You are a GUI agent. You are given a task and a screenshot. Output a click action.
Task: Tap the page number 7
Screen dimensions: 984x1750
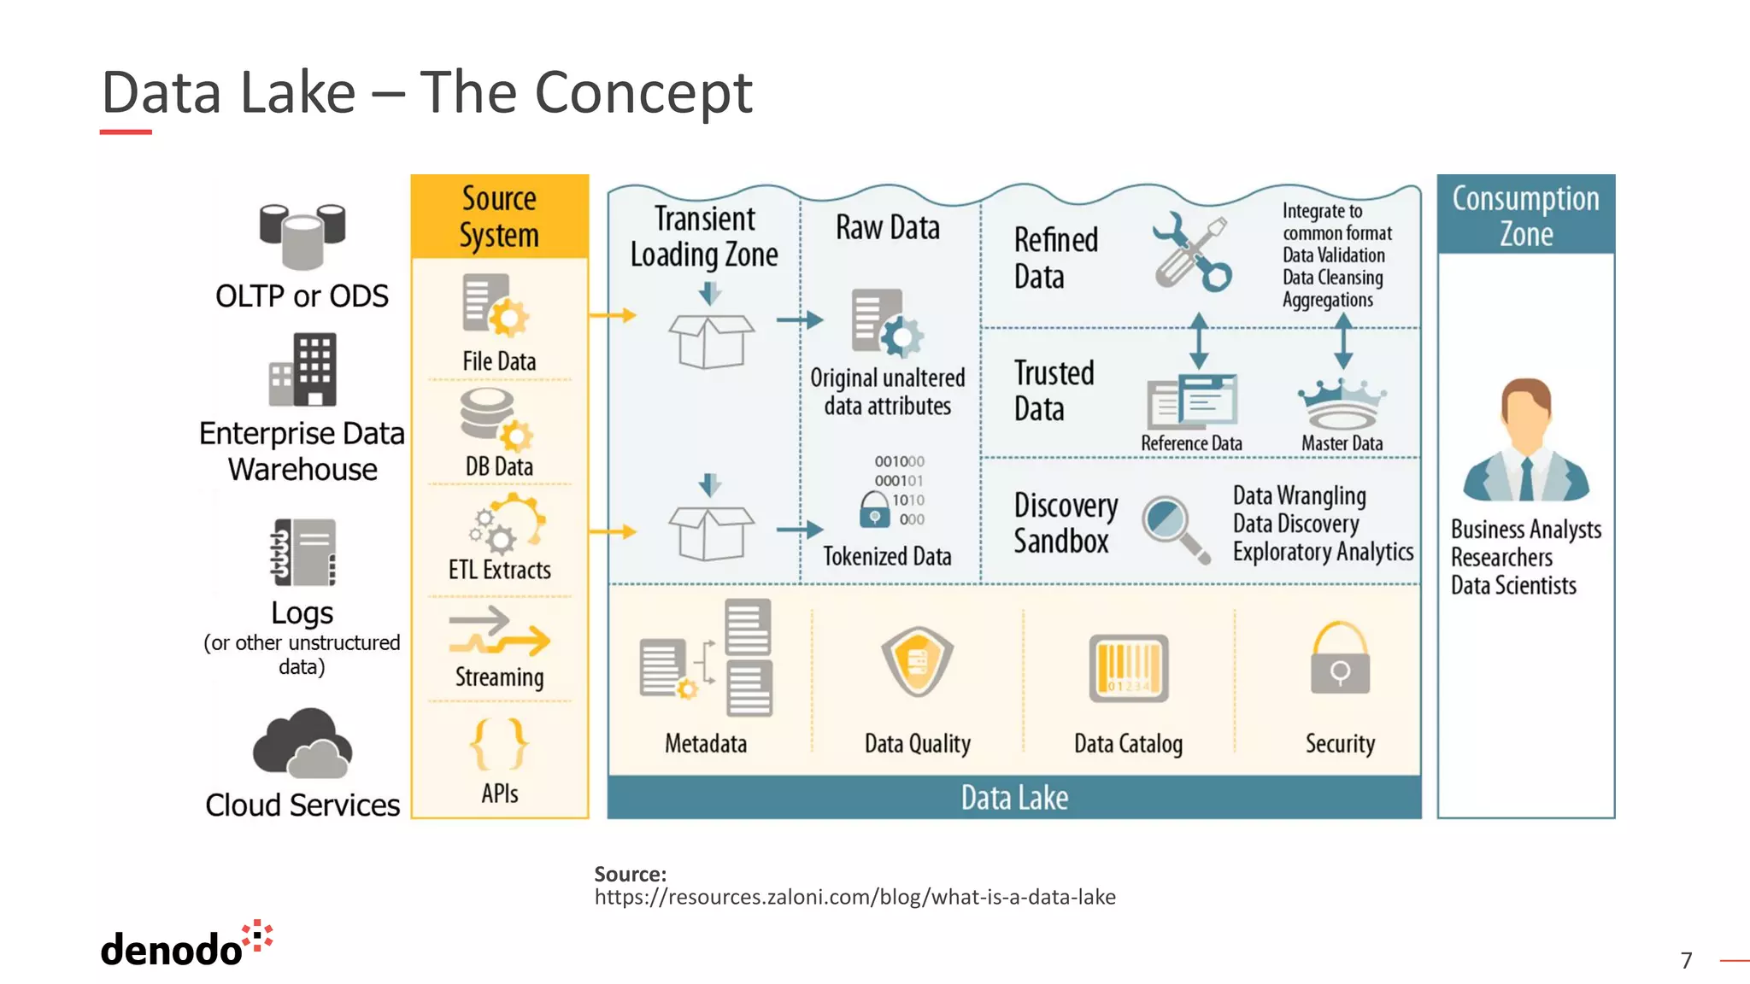point(1686,960)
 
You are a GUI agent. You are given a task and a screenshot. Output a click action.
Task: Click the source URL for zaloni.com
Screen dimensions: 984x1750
point(854,897)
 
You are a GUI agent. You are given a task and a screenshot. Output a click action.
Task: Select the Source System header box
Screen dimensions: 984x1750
point(500,216)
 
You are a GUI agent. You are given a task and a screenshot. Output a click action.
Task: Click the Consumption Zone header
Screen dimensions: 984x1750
point(1525,215)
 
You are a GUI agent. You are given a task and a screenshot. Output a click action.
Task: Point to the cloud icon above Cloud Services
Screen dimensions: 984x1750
point(302,743)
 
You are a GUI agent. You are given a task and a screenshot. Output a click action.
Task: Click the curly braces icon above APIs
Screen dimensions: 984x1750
point(499,744)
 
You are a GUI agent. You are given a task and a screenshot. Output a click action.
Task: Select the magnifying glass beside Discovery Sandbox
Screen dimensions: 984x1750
point(1176,528)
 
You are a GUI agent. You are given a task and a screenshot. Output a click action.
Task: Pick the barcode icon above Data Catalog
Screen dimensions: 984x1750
point(1128,669)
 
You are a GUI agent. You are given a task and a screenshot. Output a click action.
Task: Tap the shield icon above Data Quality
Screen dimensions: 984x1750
point(917,662)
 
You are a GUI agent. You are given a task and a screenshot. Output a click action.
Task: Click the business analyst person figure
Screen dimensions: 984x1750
point(1525,441)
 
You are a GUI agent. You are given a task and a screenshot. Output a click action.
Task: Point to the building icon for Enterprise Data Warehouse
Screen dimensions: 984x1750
point(303,370)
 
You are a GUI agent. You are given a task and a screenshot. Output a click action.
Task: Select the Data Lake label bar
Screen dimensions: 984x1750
point(1014,797)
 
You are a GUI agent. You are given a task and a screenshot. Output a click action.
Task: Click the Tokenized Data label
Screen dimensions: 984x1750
point(887,556)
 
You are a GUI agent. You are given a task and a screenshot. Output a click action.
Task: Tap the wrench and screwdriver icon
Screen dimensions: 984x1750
point(1192,251)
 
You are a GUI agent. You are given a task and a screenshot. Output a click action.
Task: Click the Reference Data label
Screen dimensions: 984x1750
point(1191,443)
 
